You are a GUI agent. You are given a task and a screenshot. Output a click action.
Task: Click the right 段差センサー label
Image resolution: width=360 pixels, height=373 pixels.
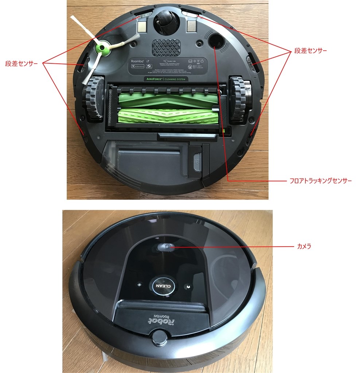[310, 50]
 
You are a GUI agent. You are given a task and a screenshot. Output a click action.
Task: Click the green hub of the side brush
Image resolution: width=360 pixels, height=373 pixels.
[101, 48]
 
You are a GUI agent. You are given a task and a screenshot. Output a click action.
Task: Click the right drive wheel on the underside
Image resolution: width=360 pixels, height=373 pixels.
[239, 98]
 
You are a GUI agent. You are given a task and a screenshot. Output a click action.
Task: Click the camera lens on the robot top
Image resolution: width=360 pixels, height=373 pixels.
[165, 247]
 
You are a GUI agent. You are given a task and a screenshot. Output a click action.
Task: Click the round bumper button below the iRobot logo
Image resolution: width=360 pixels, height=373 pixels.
[160, 338]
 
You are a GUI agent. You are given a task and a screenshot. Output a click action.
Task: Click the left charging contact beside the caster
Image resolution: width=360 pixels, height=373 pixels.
[141, 25]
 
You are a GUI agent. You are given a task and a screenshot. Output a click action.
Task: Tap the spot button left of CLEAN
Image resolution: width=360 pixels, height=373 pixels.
[138, 285]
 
